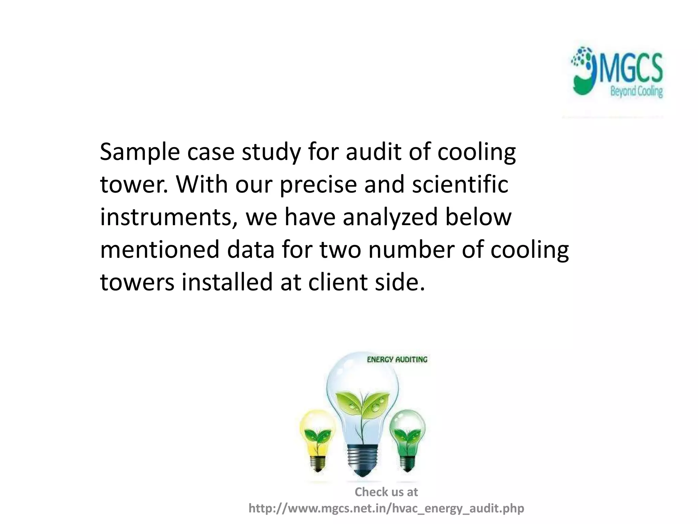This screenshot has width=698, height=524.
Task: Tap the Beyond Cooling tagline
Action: point(636,92)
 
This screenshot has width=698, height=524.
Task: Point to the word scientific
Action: point(460,185)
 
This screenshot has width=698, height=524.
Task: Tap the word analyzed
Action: point(390,217)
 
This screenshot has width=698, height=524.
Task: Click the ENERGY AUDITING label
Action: point(397,360)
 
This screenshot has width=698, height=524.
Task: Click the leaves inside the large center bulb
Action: point(362,406)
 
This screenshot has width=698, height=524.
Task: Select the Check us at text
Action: point(386,492)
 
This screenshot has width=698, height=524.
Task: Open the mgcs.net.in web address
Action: point(386,508)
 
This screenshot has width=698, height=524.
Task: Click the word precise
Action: point(319,185)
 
